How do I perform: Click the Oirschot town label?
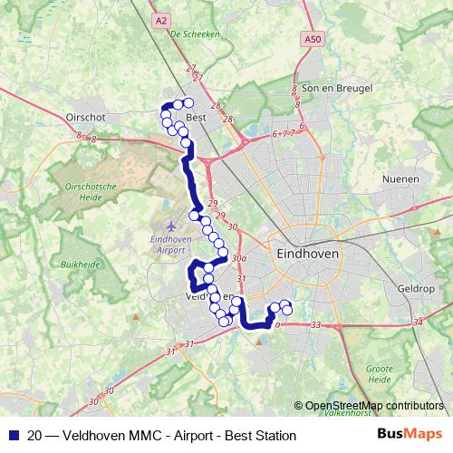pyautogui.click(x=86, y=117)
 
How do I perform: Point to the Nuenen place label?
pyautogui.click(x=401, y=179)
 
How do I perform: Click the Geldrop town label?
pyautogui.click(x=417, y=289)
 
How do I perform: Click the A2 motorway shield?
pyautogui.click(x=161, y=20)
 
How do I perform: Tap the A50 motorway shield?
pyautogui.click(x=313, y=39)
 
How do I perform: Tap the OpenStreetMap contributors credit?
pyautogui.click(x=373, y=406)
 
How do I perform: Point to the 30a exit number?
pyautogui.click(x=239, y=258)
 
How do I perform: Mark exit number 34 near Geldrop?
pyautogui.click(x=417, y=322)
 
